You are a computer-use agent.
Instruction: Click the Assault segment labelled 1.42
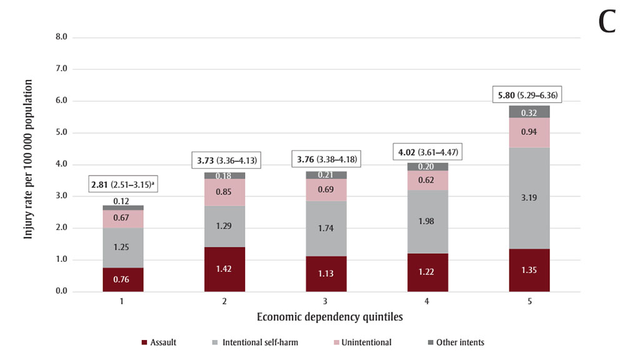(224, 269)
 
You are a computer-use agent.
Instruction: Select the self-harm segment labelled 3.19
(529, 198)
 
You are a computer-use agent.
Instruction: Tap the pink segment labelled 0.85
(224, 192)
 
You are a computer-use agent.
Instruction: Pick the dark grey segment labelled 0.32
(529, 112)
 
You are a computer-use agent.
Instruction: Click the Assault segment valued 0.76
(123, 279)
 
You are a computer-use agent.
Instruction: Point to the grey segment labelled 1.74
(326, 229)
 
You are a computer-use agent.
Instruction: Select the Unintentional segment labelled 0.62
(427, 181)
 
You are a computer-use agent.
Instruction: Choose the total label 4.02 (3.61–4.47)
(427, 152)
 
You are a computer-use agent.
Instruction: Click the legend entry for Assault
(159, 342)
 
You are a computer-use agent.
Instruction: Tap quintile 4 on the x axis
(427, 301)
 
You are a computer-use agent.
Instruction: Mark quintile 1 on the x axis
(123, 301)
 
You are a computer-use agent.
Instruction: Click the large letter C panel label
(607, 22)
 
